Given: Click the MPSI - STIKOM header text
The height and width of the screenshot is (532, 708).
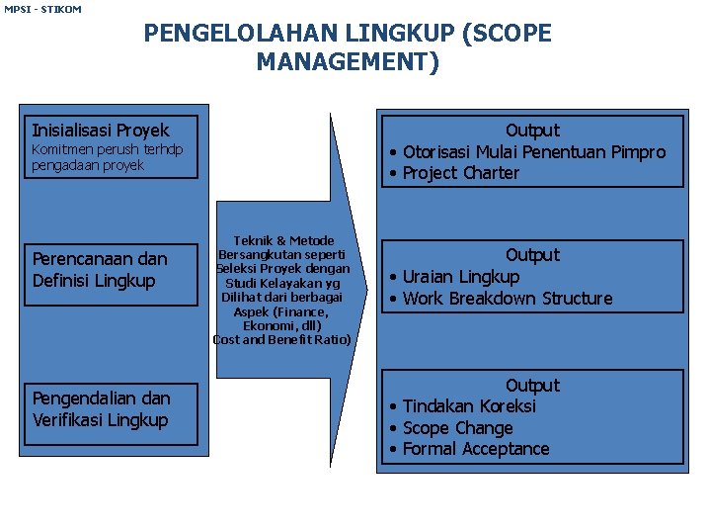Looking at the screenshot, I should point(42,9).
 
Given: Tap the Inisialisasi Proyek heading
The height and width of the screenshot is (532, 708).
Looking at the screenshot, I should point(101,131).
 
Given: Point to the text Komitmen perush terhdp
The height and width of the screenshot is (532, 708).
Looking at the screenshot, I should point(108,149).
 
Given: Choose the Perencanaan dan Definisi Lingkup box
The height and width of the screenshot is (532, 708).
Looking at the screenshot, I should point(113,270).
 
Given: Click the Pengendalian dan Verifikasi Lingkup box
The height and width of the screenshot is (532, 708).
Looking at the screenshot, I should point(113,409).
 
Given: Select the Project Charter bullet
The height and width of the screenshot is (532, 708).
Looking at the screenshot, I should point(460,173).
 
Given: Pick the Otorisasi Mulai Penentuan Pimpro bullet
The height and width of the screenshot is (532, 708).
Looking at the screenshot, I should point(533,152).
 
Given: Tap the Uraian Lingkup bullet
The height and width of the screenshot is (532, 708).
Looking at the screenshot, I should point(460,277).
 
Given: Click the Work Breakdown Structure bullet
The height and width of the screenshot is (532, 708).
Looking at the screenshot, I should point(507,299).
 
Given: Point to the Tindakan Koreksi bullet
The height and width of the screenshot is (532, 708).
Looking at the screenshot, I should point(469,406).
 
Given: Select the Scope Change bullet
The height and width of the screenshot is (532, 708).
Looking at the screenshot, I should point(457,428).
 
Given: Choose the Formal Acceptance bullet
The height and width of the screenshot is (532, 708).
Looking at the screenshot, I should point(475,449).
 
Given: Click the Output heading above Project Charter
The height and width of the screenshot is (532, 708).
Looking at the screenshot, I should point(532,131).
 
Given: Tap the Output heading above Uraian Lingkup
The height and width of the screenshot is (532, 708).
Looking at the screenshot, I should point(532,255).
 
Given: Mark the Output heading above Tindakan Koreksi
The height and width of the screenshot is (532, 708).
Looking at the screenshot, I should point(532,386).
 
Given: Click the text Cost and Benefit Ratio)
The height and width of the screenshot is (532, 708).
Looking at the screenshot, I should point(282,339).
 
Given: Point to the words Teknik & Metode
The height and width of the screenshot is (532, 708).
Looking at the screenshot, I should point(283,240).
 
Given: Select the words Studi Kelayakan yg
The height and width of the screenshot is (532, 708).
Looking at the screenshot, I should point(283,283).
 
